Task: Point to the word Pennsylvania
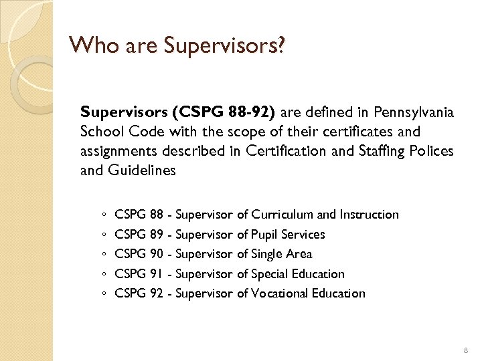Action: coord(413,112)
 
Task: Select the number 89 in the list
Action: coord(157,234)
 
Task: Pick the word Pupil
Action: coord(266,234)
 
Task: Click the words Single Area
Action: coord(282,253)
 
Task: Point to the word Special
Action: coord(272,273)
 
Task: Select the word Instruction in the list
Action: coord(369,215)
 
